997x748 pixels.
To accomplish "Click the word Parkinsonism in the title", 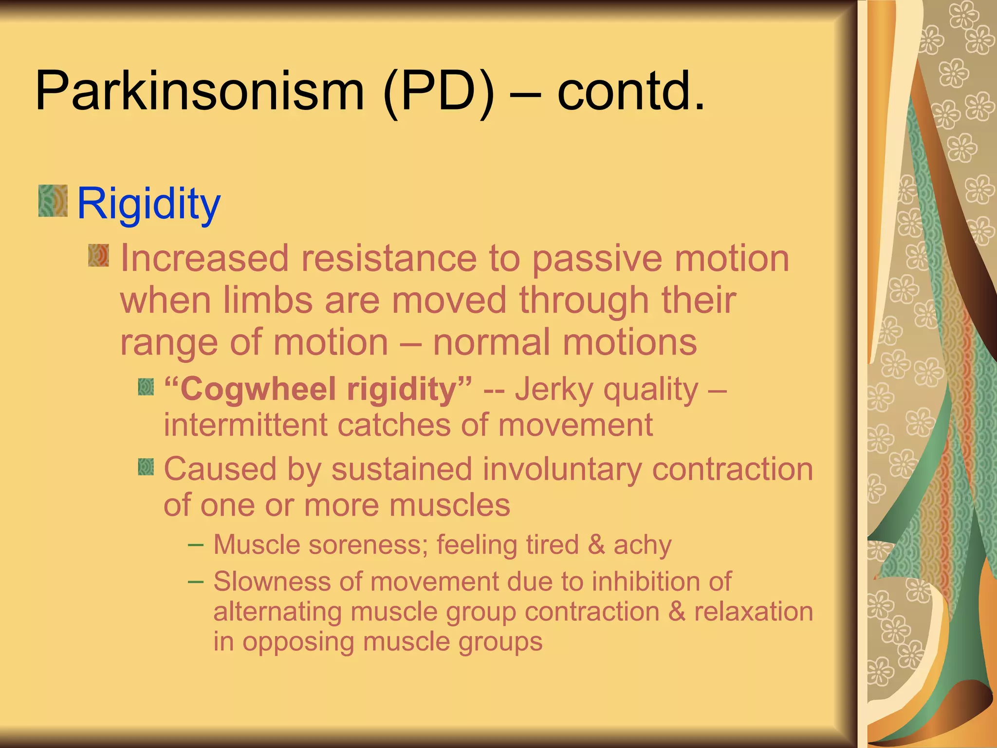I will [x=200, y=91].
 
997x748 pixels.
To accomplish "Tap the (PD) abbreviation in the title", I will [x=438, y=91].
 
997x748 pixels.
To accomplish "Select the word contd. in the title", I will [x=630, y=91].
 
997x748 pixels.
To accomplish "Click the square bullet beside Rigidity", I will [x=53, y=200].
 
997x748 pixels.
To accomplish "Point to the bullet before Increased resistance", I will [x=98, y=256].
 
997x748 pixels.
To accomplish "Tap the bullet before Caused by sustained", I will [x=146, y=467].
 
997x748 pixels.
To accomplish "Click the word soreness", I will [x=368, y=544].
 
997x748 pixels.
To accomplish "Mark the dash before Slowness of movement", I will [x=196, y=581].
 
